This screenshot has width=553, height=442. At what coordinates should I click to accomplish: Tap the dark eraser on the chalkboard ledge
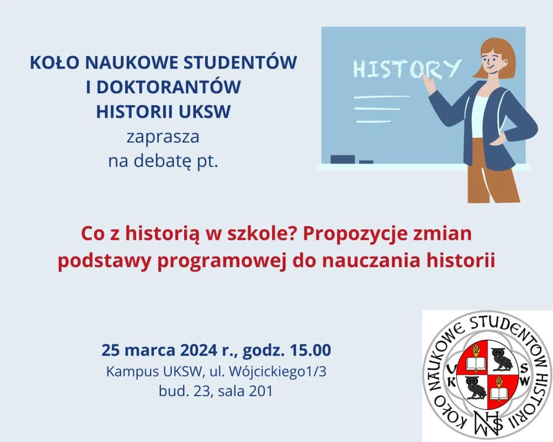pyautogui.click(x=342, y=159)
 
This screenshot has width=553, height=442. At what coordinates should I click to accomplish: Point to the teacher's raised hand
pyautogui.click(x=429, y=84)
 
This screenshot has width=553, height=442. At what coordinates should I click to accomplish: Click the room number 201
pyautogui.click(x=261, y=391)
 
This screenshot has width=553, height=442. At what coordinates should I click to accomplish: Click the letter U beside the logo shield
pyautogui.click(x=453, y=368)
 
